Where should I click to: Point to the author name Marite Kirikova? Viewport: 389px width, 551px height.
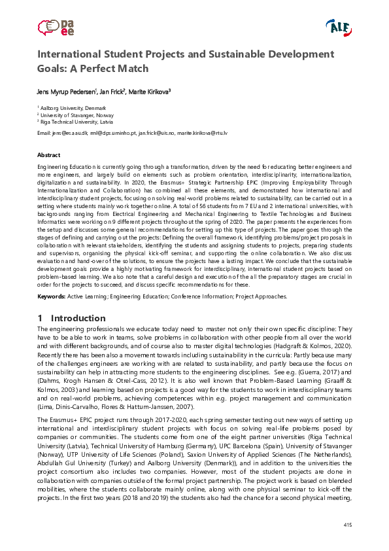point(149,92)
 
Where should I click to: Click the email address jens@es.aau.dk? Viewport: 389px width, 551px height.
point(69,133)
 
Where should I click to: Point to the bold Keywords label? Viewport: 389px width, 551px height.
point(51,296)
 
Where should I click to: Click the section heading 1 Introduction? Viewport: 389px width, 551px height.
point(71,318)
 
